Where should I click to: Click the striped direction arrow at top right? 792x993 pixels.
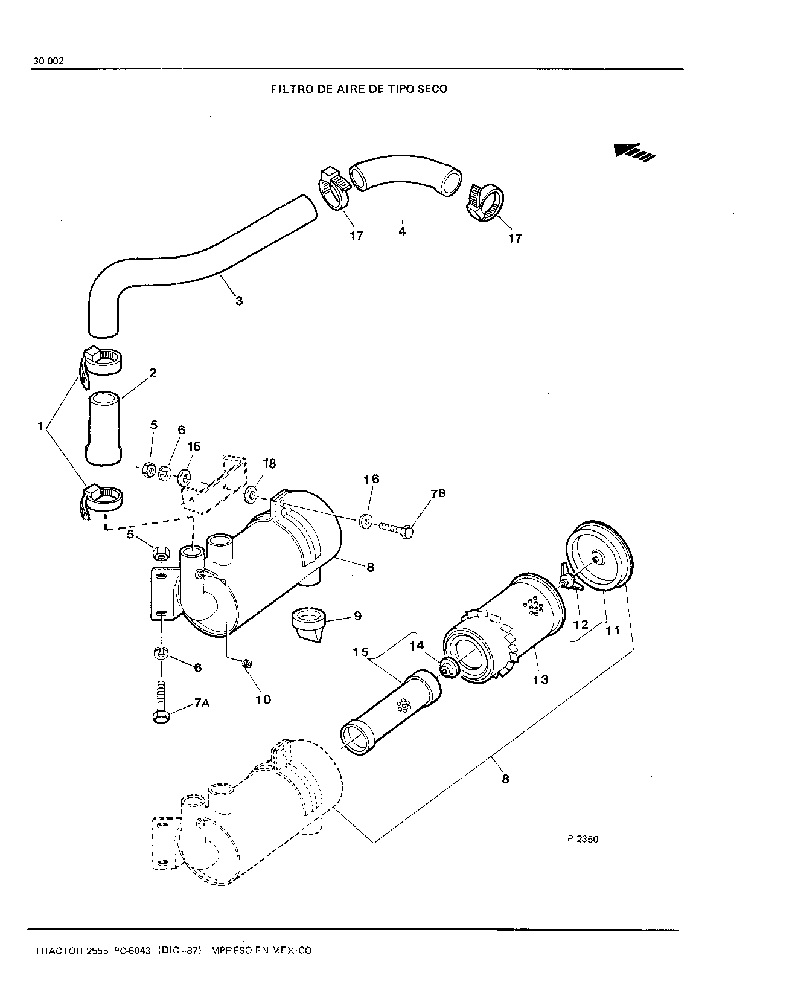click(634, 152)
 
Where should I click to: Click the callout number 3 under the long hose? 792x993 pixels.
click(239, 301)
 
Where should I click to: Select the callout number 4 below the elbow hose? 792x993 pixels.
click(402, 231)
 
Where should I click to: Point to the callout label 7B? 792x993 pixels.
click(438, 493)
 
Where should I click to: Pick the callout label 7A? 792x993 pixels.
click(202, 702)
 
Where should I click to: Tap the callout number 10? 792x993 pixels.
click(263, 700)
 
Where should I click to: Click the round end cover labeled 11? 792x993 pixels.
click(599, 556)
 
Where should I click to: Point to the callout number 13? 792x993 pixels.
click(541, 680)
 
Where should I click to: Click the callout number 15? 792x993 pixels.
click(361, 652)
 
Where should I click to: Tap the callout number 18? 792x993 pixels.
click(269, 463)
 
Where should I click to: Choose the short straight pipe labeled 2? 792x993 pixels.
click(104, 428)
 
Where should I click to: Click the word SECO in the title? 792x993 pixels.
click(432, 89)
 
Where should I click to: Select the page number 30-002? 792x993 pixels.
click(48, 61)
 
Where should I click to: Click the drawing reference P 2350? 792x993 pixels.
click(583, 840)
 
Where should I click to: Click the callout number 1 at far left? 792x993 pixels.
click(40, 426)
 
